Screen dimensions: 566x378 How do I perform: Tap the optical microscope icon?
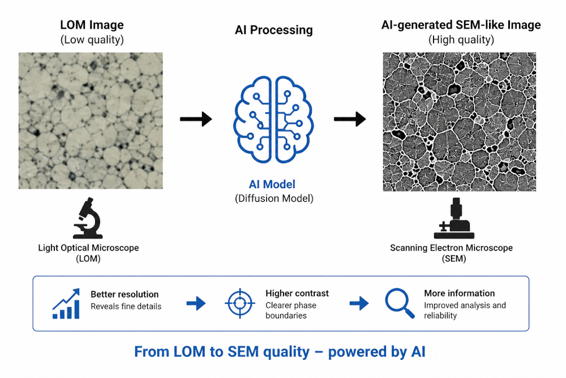[x=88, y=218]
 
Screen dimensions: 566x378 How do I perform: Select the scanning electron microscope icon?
[x=454, y=218]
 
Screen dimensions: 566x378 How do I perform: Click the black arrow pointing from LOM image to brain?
[x=196, y=119]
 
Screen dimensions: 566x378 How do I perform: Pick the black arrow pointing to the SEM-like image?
[x=350, y=119]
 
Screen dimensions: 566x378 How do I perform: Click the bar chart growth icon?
[x=66, y=304]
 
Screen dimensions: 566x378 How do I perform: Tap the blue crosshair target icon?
[x=240, y=303]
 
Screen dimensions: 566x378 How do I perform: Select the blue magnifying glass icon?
[x=400, y=303]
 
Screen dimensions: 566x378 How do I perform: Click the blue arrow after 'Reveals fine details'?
[x=196, y=303]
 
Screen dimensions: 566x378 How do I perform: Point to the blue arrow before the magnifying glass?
[x=359, y=303]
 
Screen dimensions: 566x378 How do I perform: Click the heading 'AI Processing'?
[x=273, y=30]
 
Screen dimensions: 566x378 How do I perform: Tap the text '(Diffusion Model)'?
[x=274, y=198]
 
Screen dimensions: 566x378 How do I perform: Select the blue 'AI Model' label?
[x=272, y=184]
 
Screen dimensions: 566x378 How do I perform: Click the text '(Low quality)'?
[x=92, y=40]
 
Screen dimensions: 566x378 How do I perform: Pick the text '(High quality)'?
[x=461, y=40]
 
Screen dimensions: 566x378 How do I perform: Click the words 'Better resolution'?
[x=125, y=294]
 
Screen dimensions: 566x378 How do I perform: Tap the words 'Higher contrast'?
[x=297, y=293]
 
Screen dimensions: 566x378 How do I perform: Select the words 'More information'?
[x=459, y=293]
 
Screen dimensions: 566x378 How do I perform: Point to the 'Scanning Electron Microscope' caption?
[x=451, y=248]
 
